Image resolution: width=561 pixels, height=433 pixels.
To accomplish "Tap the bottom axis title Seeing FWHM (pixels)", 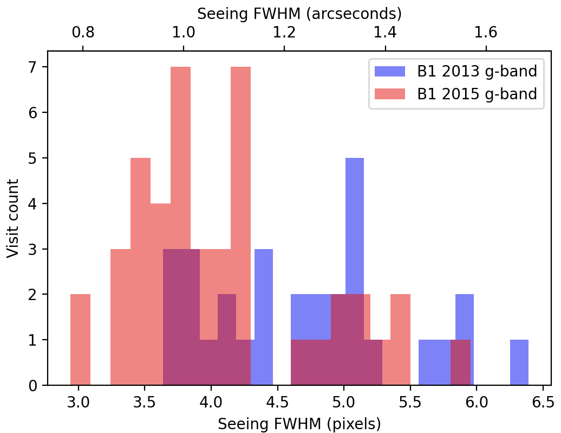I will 299,424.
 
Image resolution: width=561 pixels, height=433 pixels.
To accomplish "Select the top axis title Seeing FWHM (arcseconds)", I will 299,13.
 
